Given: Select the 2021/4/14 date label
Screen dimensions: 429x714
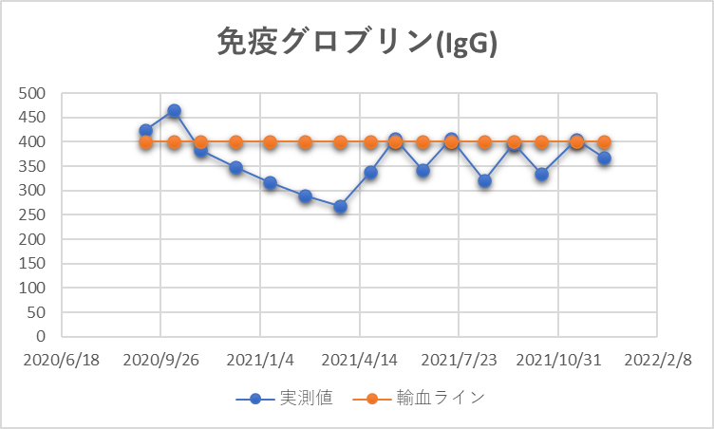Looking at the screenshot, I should (359, 361).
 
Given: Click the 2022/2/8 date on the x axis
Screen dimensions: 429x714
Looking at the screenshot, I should (655, 361).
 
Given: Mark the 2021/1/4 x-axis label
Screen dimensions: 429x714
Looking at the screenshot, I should (260, 361).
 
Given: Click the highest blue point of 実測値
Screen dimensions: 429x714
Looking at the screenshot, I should (174, 111).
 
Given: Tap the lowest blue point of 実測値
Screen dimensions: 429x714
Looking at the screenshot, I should (340, 206).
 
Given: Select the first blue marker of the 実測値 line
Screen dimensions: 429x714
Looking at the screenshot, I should (145, 130).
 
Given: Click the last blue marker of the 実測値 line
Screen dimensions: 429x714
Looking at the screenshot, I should (604, 158).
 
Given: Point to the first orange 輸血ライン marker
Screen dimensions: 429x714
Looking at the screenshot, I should (146, 142).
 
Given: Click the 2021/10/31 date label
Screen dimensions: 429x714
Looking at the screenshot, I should (556, 361).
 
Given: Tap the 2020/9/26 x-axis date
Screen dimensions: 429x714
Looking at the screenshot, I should (160, 361).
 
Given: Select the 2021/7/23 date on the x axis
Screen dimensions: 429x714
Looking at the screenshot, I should (458, 361).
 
